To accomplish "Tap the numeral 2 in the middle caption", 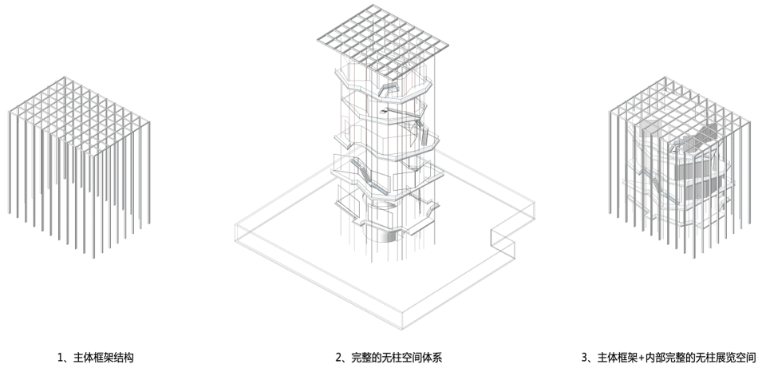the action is (338, 358).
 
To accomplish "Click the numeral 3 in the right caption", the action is (585, 358).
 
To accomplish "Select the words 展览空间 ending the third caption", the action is (736, 358).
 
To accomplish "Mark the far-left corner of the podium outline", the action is (232, 232).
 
